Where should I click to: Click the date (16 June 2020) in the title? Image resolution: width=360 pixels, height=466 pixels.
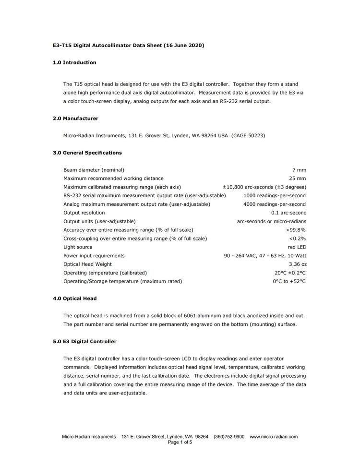(184, 46)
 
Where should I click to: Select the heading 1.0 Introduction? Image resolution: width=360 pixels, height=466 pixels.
(74, 62)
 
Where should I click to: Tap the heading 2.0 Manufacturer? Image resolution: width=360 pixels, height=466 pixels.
(75, 118)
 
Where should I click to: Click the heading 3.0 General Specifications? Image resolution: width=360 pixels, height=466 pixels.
(87, 153)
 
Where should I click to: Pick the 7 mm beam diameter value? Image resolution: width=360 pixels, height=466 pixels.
(299, 170)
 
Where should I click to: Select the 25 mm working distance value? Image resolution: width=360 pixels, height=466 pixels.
(298, 179)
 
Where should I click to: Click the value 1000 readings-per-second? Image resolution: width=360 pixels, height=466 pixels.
(275, 196)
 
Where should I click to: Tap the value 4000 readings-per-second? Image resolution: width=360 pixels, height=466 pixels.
(275, 204)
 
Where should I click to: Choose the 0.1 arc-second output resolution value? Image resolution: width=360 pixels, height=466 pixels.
(288, 213)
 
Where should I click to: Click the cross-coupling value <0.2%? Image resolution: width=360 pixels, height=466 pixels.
(297, 239)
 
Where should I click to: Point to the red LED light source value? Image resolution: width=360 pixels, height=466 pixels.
(297, 247)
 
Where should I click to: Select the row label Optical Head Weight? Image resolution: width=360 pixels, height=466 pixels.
(87, 264)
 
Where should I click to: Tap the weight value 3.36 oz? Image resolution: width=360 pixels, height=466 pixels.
(298, 264)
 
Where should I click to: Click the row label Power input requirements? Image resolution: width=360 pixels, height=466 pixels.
(94, 256)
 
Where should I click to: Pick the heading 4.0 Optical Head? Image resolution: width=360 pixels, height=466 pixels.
(74, 299)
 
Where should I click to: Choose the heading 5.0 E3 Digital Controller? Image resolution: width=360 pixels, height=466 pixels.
(84, 342)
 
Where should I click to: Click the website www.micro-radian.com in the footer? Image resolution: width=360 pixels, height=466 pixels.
(274, 437)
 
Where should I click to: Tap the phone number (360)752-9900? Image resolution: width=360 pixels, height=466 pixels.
(229, 437)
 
